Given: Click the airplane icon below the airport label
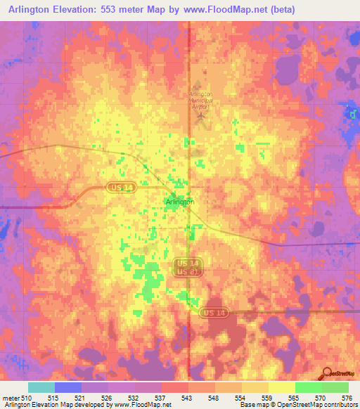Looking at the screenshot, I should point(203,115).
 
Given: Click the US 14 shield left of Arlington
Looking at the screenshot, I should point(119,187).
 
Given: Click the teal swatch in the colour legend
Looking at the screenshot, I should point(41,387).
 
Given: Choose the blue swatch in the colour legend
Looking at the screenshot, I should point(68,387).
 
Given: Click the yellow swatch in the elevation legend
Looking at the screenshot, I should point(282,387).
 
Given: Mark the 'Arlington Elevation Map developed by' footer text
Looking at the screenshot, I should point(50,405).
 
